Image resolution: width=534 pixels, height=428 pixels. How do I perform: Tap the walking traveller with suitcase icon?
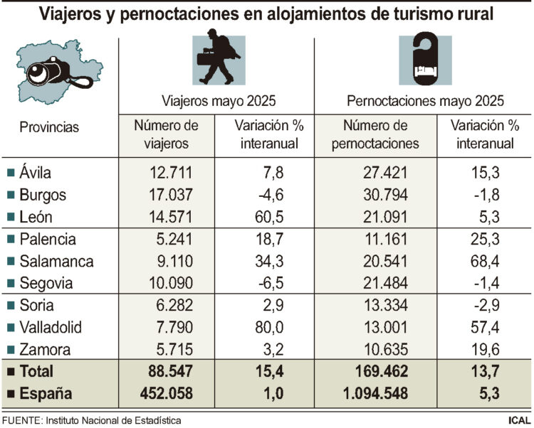pos(216,59)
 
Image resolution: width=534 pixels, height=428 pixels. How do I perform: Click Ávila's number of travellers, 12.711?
pos(171,173)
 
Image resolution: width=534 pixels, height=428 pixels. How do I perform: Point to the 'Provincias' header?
pos(49,127)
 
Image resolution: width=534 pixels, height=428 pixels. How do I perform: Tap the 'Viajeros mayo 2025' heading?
pos(218,100)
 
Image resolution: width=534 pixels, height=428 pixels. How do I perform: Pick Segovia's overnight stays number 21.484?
pos(385,284)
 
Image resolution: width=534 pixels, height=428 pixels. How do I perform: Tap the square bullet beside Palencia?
pos(10,240)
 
